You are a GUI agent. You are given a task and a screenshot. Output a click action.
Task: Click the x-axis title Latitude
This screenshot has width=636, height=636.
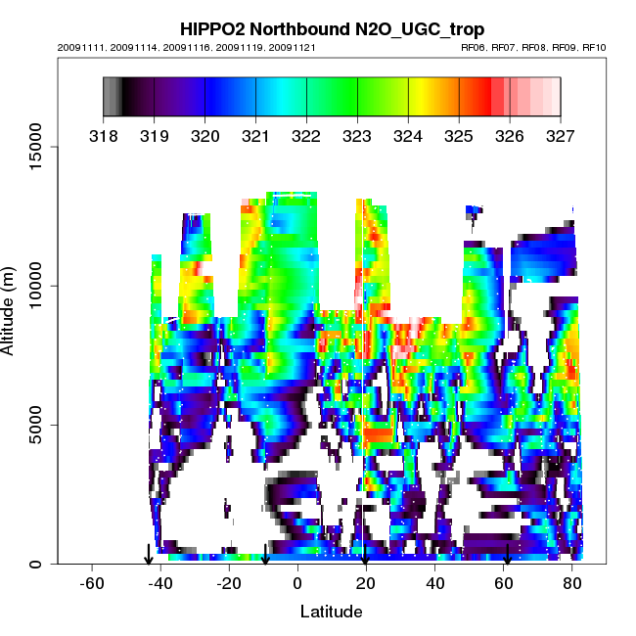point(331,612)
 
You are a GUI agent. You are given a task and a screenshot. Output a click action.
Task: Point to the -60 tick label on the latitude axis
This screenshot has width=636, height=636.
point(91,584)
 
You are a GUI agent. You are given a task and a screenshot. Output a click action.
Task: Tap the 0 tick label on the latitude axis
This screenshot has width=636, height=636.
point(297,584)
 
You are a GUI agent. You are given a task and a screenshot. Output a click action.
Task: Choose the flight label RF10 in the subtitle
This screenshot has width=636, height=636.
point(594,47)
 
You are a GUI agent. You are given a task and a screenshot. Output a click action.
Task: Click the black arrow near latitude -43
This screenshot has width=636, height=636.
point(148,555)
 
